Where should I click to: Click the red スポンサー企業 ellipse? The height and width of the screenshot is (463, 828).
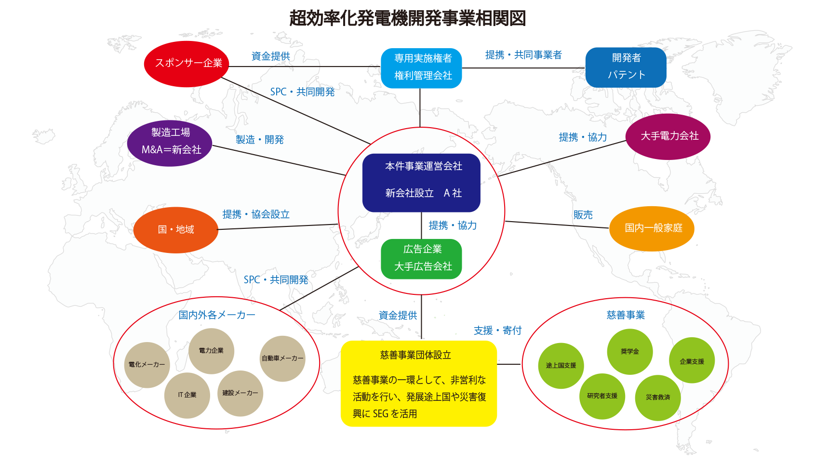[x=187, y=64]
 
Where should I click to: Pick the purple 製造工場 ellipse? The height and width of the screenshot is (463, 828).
[x=170, y=143]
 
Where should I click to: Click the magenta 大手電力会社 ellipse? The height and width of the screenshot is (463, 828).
[x=668, y=136]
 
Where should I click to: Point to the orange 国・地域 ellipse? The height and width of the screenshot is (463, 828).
[x=176, y=230]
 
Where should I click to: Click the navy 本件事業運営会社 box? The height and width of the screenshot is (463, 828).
[x=421, y=183]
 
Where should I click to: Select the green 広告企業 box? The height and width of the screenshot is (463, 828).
[x=421, y=259]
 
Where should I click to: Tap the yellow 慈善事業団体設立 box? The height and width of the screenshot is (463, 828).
[x=418, y=384]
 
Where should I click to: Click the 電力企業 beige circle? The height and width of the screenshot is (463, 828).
[x=211, y=351]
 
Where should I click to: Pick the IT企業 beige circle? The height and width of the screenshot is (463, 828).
[x=187, y=395]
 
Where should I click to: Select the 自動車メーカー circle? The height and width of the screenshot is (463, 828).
[x=282, y=358]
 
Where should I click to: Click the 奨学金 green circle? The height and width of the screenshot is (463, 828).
[x=629, y=352]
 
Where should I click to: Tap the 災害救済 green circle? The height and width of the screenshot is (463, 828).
[x=658, y=397]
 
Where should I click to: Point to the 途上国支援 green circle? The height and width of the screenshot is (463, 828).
[x=561, y=366]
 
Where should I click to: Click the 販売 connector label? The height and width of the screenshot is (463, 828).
[x=583, y=215]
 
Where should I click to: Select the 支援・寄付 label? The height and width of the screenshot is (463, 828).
[x=497, y=331]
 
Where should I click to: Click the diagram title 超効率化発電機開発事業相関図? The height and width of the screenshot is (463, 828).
[x=407, y=18]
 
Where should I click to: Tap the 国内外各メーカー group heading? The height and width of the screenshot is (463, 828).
[x=217, y=315]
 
